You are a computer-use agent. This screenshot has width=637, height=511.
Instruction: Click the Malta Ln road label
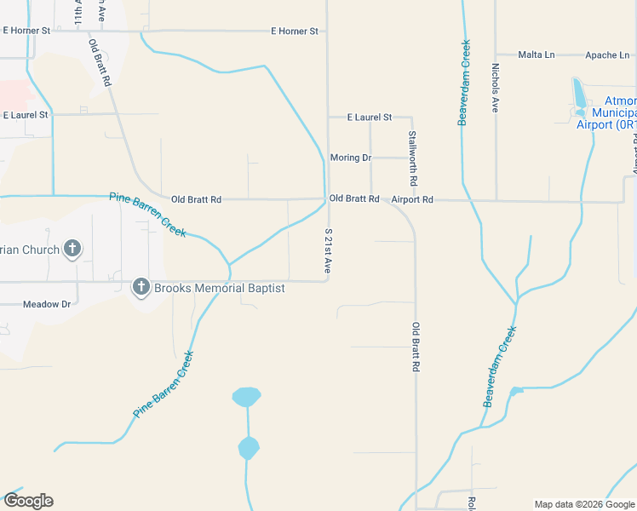537,55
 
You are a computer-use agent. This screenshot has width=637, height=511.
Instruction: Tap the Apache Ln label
607,55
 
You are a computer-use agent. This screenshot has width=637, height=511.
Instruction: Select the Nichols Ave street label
495,88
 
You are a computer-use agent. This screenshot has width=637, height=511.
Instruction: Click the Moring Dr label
351,158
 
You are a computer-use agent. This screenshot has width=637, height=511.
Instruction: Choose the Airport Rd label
412,199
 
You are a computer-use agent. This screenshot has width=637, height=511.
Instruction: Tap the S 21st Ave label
328,250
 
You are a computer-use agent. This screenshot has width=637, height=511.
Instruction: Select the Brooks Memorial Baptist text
219,288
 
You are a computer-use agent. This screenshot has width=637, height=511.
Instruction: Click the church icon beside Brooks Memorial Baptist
141,287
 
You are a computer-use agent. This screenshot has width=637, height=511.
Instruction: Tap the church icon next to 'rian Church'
73,250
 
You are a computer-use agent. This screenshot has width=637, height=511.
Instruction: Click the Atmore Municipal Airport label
607,112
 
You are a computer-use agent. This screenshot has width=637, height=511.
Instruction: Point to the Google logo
28,501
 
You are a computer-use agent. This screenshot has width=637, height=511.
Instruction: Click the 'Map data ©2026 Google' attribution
585,504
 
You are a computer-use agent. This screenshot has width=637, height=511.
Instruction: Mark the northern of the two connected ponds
246,396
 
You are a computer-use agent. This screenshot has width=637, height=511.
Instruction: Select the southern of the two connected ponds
248,447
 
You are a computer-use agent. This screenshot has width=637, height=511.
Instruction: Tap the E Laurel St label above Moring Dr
370,117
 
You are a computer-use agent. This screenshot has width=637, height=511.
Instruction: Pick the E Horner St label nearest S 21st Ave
294,31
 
